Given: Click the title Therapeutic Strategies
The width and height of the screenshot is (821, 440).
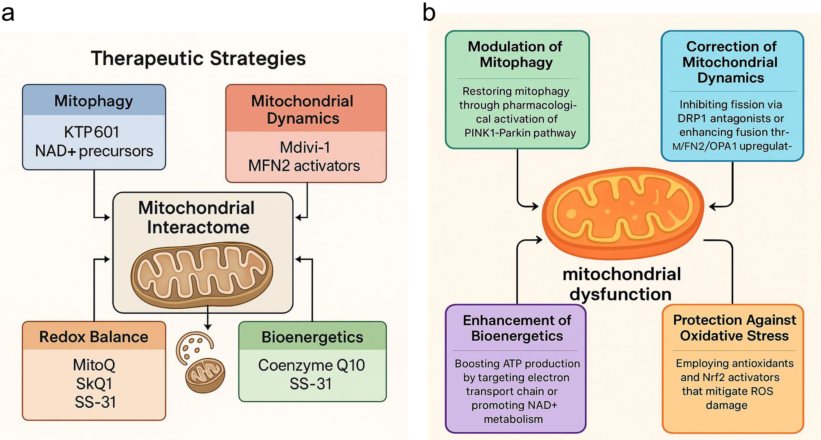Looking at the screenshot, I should [x=198, y=58].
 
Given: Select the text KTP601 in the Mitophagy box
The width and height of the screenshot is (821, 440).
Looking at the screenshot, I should [x=92, y=132].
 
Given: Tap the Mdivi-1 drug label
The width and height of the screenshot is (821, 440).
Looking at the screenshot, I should [x=305, y=147].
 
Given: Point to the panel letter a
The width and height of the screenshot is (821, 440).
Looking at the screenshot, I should [x=8, y=13].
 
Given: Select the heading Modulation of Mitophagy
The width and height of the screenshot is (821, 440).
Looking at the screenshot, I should [x=516, y=54].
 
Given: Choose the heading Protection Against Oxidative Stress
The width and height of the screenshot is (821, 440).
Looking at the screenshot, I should [x=734, y=328].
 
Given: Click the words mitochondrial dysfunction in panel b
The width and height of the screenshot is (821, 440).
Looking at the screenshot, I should [x=621, y=284].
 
